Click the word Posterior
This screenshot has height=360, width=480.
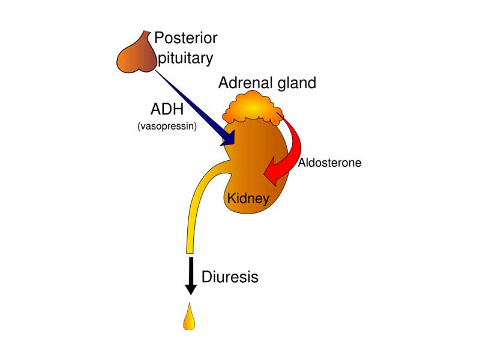186,38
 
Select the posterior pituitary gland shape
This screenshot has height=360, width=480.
136,56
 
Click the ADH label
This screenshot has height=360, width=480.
167,110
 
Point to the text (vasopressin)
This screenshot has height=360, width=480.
167,126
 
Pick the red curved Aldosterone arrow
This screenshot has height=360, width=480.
292,150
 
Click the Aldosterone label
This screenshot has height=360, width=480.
330,163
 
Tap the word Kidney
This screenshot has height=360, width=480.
248,197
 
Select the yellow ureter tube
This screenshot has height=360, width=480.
195,204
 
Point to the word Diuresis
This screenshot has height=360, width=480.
230,277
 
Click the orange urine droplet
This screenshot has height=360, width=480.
190,319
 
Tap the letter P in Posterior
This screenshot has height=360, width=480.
159,38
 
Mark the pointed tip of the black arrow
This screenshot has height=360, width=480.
191,293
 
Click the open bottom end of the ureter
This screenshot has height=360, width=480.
191,251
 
